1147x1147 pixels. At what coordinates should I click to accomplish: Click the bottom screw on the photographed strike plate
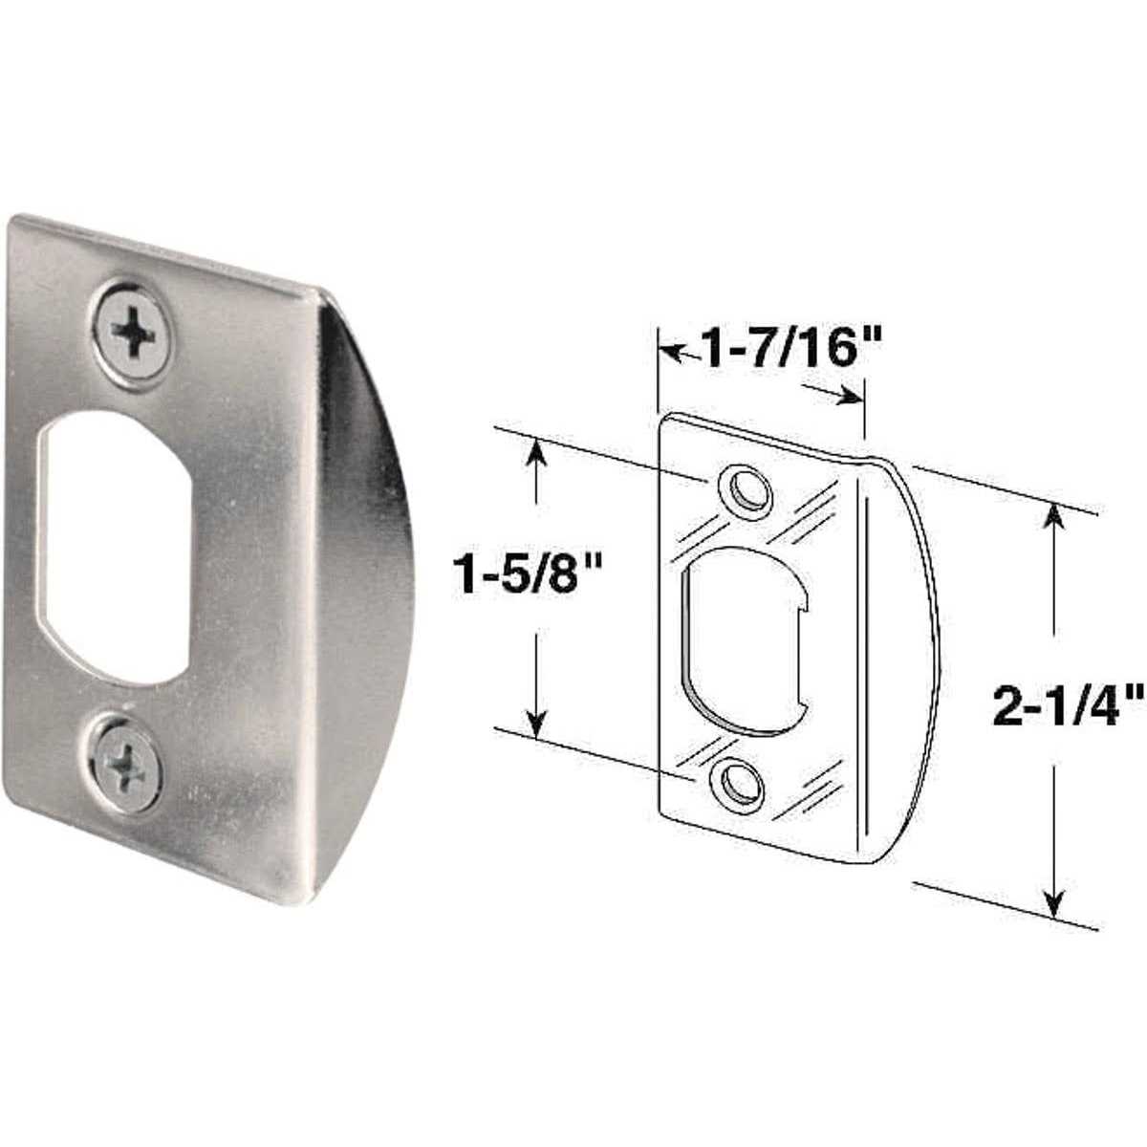(126, 762)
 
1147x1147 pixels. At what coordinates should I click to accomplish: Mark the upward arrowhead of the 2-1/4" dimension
(1053, 517)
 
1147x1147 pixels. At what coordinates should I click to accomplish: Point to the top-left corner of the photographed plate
(13, 222)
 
